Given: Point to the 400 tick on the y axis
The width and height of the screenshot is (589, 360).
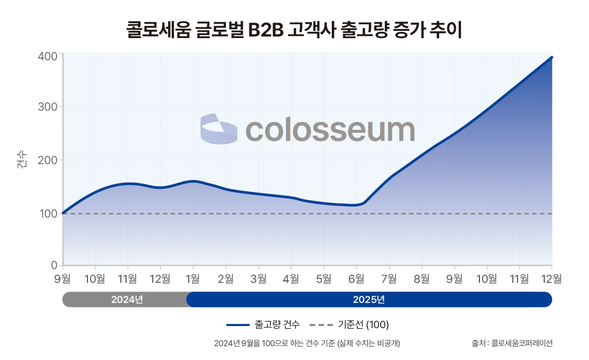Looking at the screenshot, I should (47, 55).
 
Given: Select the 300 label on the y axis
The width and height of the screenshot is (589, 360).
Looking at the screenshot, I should (47, 107).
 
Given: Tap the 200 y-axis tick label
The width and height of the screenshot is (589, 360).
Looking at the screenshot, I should (47, 160).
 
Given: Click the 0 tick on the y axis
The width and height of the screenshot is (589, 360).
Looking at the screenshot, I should (53, 265).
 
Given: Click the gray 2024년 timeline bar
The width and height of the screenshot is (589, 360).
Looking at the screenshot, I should (126, 299).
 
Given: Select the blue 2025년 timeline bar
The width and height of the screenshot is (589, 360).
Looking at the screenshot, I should (369, 299).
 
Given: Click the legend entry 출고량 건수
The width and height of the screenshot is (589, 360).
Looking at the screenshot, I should (263, 325).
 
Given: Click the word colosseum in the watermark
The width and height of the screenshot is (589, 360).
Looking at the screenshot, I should (330, 130).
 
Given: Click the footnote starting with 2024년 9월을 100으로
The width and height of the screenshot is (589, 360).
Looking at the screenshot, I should (307, 343).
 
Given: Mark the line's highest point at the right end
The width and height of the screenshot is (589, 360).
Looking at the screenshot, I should (551, 57).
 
